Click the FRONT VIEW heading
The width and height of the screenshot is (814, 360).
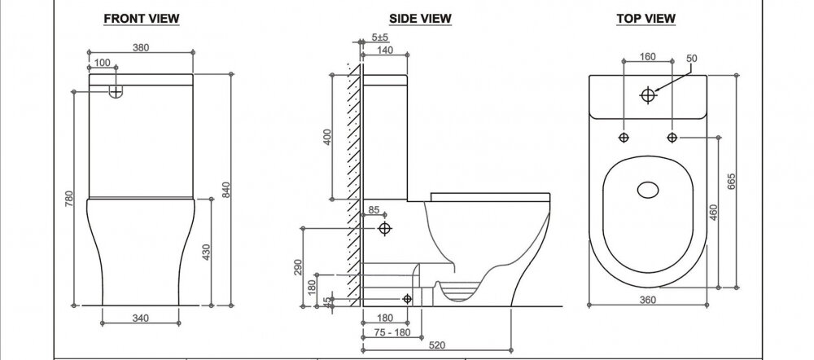coord(141,19)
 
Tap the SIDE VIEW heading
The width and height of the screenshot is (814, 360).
coord(421,19)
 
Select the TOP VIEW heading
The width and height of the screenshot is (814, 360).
coord(646,19)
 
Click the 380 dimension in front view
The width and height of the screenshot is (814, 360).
coord(141,47)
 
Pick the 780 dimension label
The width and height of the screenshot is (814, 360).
coord(68,199)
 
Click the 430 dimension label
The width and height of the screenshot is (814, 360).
coord(206,252)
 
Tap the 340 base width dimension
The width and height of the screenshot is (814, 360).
coord(141,318)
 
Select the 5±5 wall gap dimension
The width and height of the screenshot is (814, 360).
coord(380,37)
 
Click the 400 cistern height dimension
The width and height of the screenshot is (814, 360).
coord(327,137)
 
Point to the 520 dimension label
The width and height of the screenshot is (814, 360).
coord(436,345)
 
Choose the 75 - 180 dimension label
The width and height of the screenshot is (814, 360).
coord(392,332)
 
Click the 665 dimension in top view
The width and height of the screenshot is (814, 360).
coord(731,180)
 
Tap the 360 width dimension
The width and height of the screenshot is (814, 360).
coord(647,300)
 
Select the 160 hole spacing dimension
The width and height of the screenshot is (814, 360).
coord(647,57)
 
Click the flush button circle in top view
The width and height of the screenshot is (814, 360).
coord(647,95)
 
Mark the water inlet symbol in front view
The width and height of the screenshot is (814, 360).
coord(116,91)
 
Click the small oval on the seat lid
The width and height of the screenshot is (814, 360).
coord(647,190)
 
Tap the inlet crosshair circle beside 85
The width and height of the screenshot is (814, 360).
coord(385,228)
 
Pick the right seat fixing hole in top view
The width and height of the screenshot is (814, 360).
coord(672,137)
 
